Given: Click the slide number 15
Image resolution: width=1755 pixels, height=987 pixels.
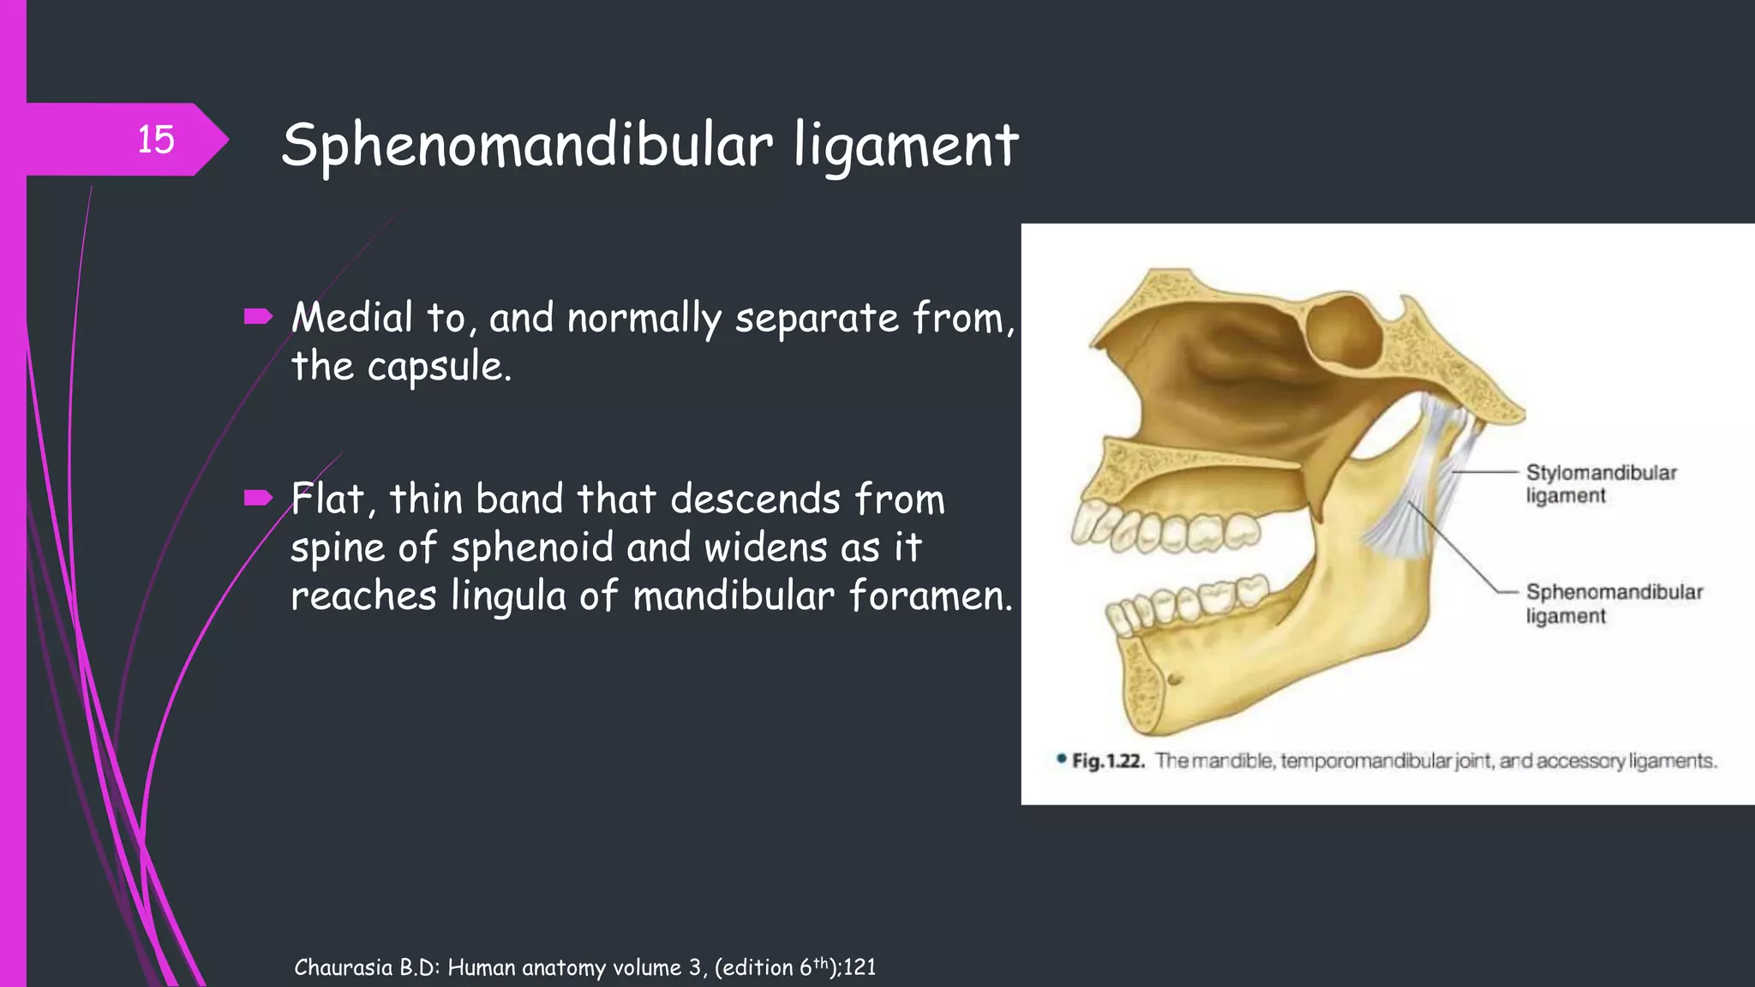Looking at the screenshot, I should coord(156,140).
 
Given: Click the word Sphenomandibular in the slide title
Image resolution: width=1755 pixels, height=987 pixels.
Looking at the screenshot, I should coord(527,146).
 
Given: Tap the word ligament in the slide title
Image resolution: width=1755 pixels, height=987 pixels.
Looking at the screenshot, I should coord(906,146).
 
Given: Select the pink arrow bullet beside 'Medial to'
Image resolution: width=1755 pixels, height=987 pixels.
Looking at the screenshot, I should coord(257,318).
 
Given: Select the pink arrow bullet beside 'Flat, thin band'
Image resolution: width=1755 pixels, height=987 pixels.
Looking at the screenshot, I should coord(257,498).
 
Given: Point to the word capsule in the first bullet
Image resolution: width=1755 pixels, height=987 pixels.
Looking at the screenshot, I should coord(439,368).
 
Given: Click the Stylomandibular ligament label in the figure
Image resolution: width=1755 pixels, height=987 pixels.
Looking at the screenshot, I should coord(1600,484).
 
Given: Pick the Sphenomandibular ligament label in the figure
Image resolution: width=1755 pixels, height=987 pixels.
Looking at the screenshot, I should coord(1614,604).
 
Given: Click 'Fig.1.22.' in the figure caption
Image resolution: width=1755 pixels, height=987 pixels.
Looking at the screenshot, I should coord(1107,761).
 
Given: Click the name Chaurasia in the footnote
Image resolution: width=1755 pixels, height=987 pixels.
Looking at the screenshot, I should coord(344,967).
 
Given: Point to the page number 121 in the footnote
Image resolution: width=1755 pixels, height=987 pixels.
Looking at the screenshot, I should coord(860,967).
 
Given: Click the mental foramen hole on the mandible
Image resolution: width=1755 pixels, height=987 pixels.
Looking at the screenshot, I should coord(1175,679).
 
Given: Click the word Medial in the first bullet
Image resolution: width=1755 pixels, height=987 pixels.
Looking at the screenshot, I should coord(352,318).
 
